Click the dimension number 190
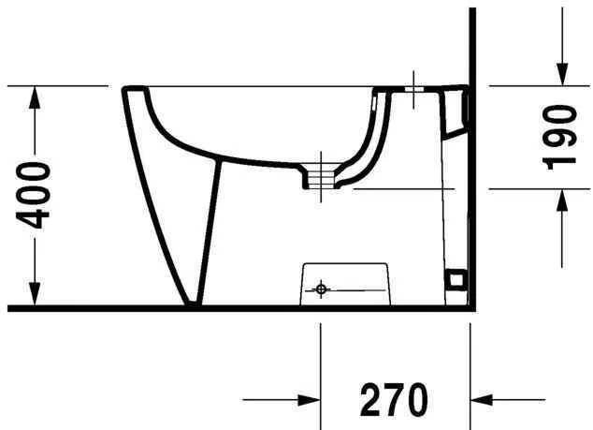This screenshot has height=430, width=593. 559,137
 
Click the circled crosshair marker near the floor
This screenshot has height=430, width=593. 321,289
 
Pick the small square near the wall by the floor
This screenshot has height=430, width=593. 456,278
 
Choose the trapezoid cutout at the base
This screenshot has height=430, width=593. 345,282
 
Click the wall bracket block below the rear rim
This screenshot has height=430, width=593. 456,112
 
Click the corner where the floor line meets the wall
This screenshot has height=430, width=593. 470,307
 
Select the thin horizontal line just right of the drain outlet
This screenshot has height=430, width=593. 402,188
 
